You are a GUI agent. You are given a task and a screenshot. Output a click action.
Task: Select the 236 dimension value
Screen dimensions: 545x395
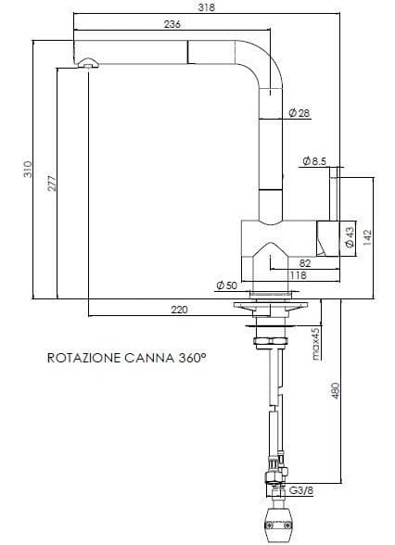172,24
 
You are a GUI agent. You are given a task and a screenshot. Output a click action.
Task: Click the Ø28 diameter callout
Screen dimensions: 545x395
299,112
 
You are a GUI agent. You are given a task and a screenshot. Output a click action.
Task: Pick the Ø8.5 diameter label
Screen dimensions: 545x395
314,162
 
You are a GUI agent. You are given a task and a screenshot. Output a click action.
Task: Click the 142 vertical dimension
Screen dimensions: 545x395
366,237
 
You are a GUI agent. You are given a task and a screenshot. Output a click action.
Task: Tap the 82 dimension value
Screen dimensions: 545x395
305,263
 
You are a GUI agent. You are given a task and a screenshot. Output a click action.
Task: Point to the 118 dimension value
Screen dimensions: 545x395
298,275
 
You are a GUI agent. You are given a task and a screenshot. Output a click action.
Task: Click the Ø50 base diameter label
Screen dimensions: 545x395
226,285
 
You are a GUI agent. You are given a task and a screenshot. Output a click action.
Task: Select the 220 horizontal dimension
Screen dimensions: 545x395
180,310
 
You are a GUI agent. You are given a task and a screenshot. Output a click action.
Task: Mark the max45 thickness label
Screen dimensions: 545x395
315,343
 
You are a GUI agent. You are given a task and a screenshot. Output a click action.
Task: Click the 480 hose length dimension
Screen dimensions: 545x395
337,391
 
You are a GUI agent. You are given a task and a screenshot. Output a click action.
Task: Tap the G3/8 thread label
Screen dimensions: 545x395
301,490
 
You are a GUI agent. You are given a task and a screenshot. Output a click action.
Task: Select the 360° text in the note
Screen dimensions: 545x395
191,356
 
